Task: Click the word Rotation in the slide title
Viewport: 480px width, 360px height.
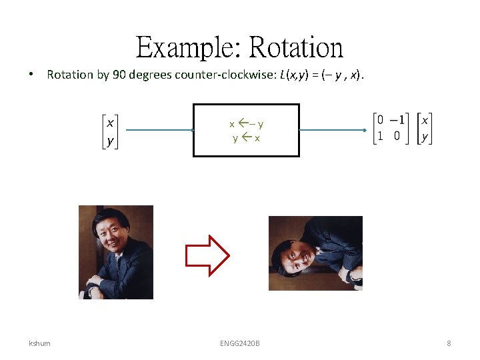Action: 297,48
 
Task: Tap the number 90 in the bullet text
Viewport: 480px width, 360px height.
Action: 120,75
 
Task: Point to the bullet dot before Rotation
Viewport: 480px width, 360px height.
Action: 32,75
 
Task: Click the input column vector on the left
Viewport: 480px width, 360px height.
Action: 109,132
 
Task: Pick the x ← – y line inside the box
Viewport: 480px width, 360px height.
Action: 247,124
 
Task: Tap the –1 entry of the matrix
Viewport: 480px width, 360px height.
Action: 399,121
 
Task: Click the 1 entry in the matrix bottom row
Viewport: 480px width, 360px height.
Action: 380,136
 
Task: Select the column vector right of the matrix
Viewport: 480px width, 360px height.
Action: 425,129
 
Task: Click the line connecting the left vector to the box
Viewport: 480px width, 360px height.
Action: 159,131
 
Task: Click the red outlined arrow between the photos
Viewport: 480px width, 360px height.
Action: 207,255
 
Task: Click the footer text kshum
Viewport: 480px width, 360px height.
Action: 39,343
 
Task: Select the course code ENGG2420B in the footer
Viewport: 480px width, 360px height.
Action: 240,343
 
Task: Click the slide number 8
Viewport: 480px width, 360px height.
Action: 449,343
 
